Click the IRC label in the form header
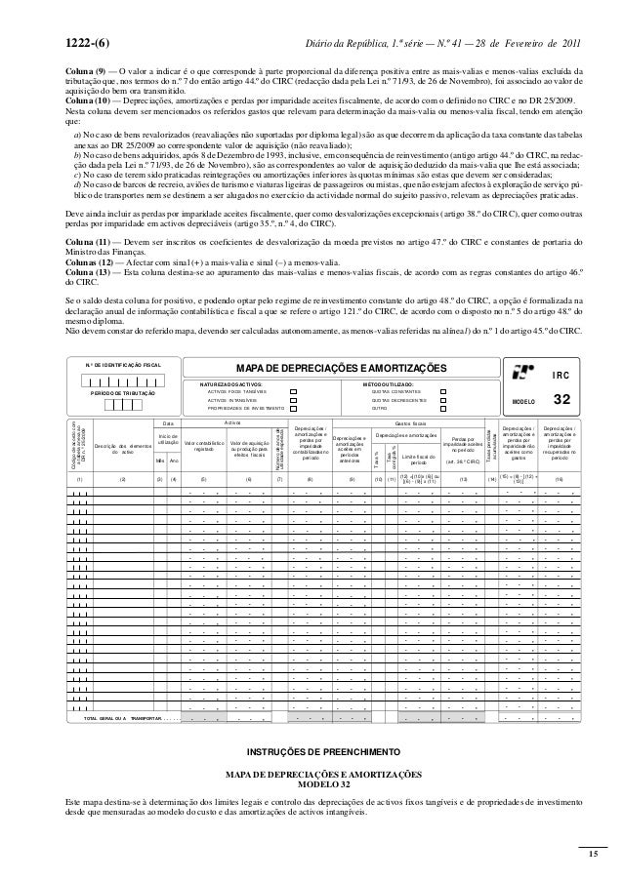(561, 375)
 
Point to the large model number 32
(561, 400)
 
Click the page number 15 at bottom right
(592, 854)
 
